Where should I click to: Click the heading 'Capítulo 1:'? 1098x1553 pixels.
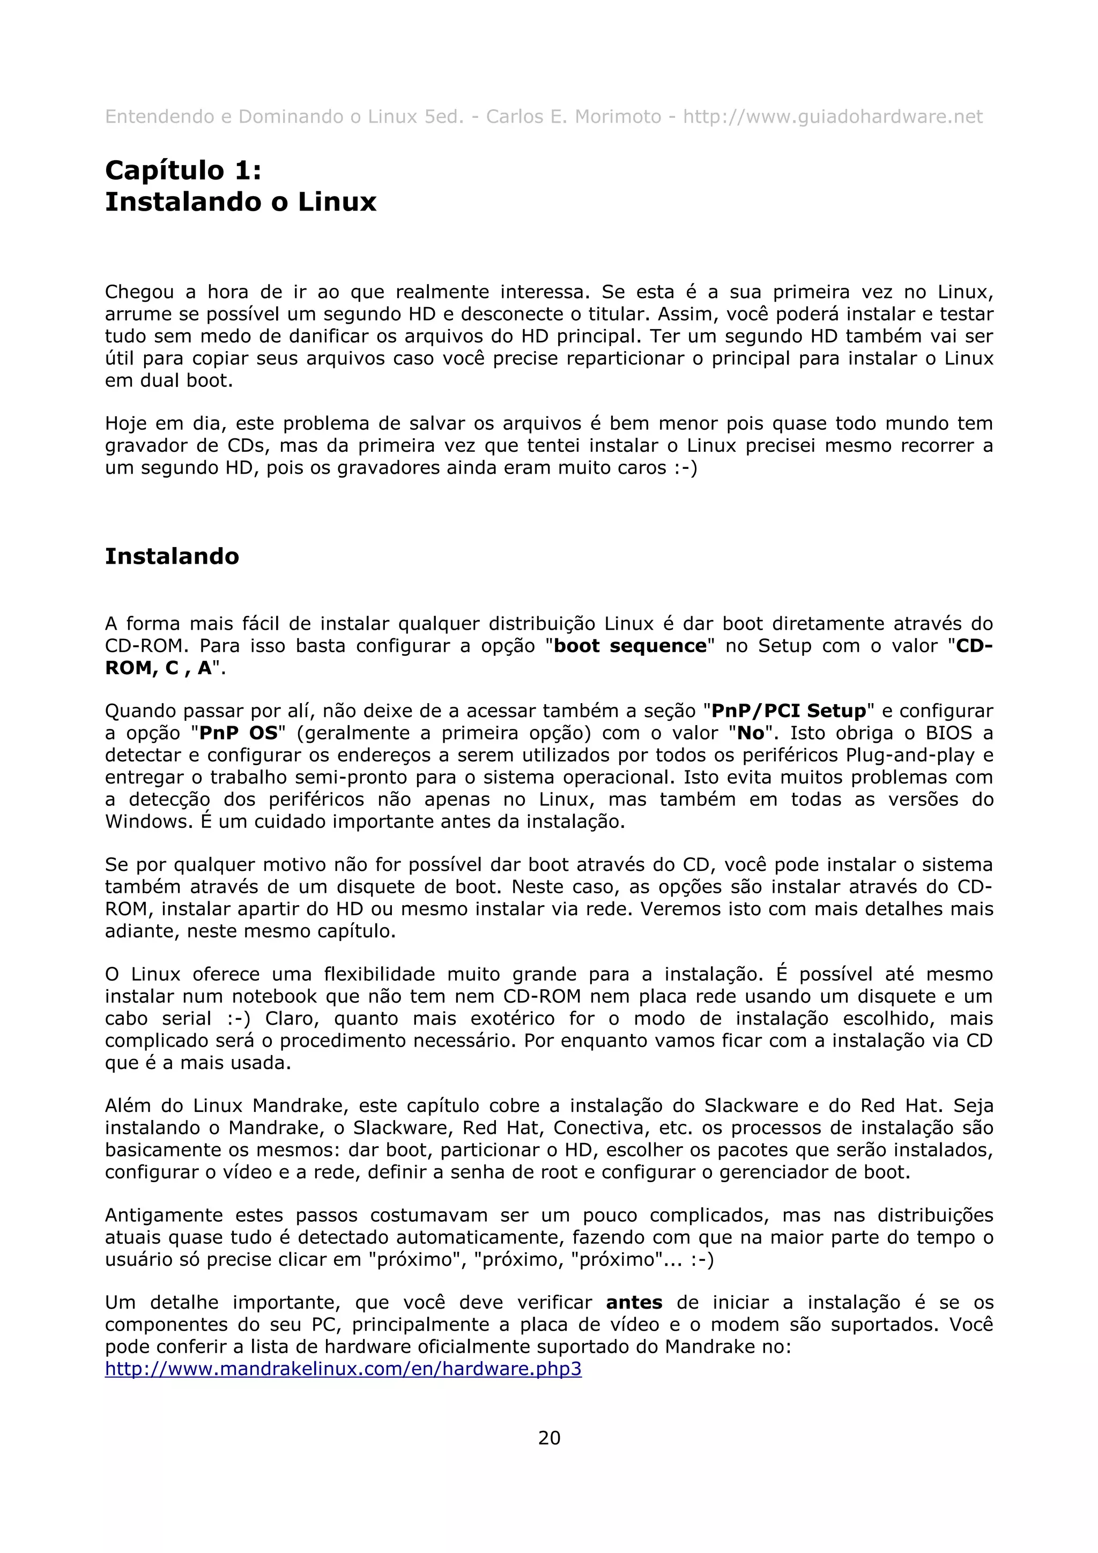coord(183,170)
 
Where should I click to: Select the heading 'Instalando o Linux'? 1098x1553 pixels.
coord(240,202)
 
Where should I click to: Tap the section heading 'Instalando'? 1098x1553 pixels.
coord(172,556)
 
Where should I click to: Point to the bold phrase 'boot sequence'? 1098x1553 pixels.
coord(630,646)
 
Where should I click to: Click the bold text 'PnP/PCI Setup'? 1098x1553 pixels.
coord(789,711)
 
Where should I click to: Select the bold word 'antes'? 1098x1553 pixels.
coord(634,1303)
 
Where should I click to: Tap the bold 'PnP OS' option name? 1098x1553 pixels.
coord(239,733)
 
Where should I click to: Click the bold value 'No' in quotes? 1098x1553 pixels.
coord(750,733)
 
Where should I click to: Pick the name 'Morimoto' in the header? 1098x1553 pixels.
coord(618,117)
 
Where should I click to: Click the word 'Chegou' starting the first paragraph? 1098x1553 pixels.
coord(139,292)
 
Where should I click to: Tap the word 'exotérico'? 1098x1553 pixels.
coord(512,1019)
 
